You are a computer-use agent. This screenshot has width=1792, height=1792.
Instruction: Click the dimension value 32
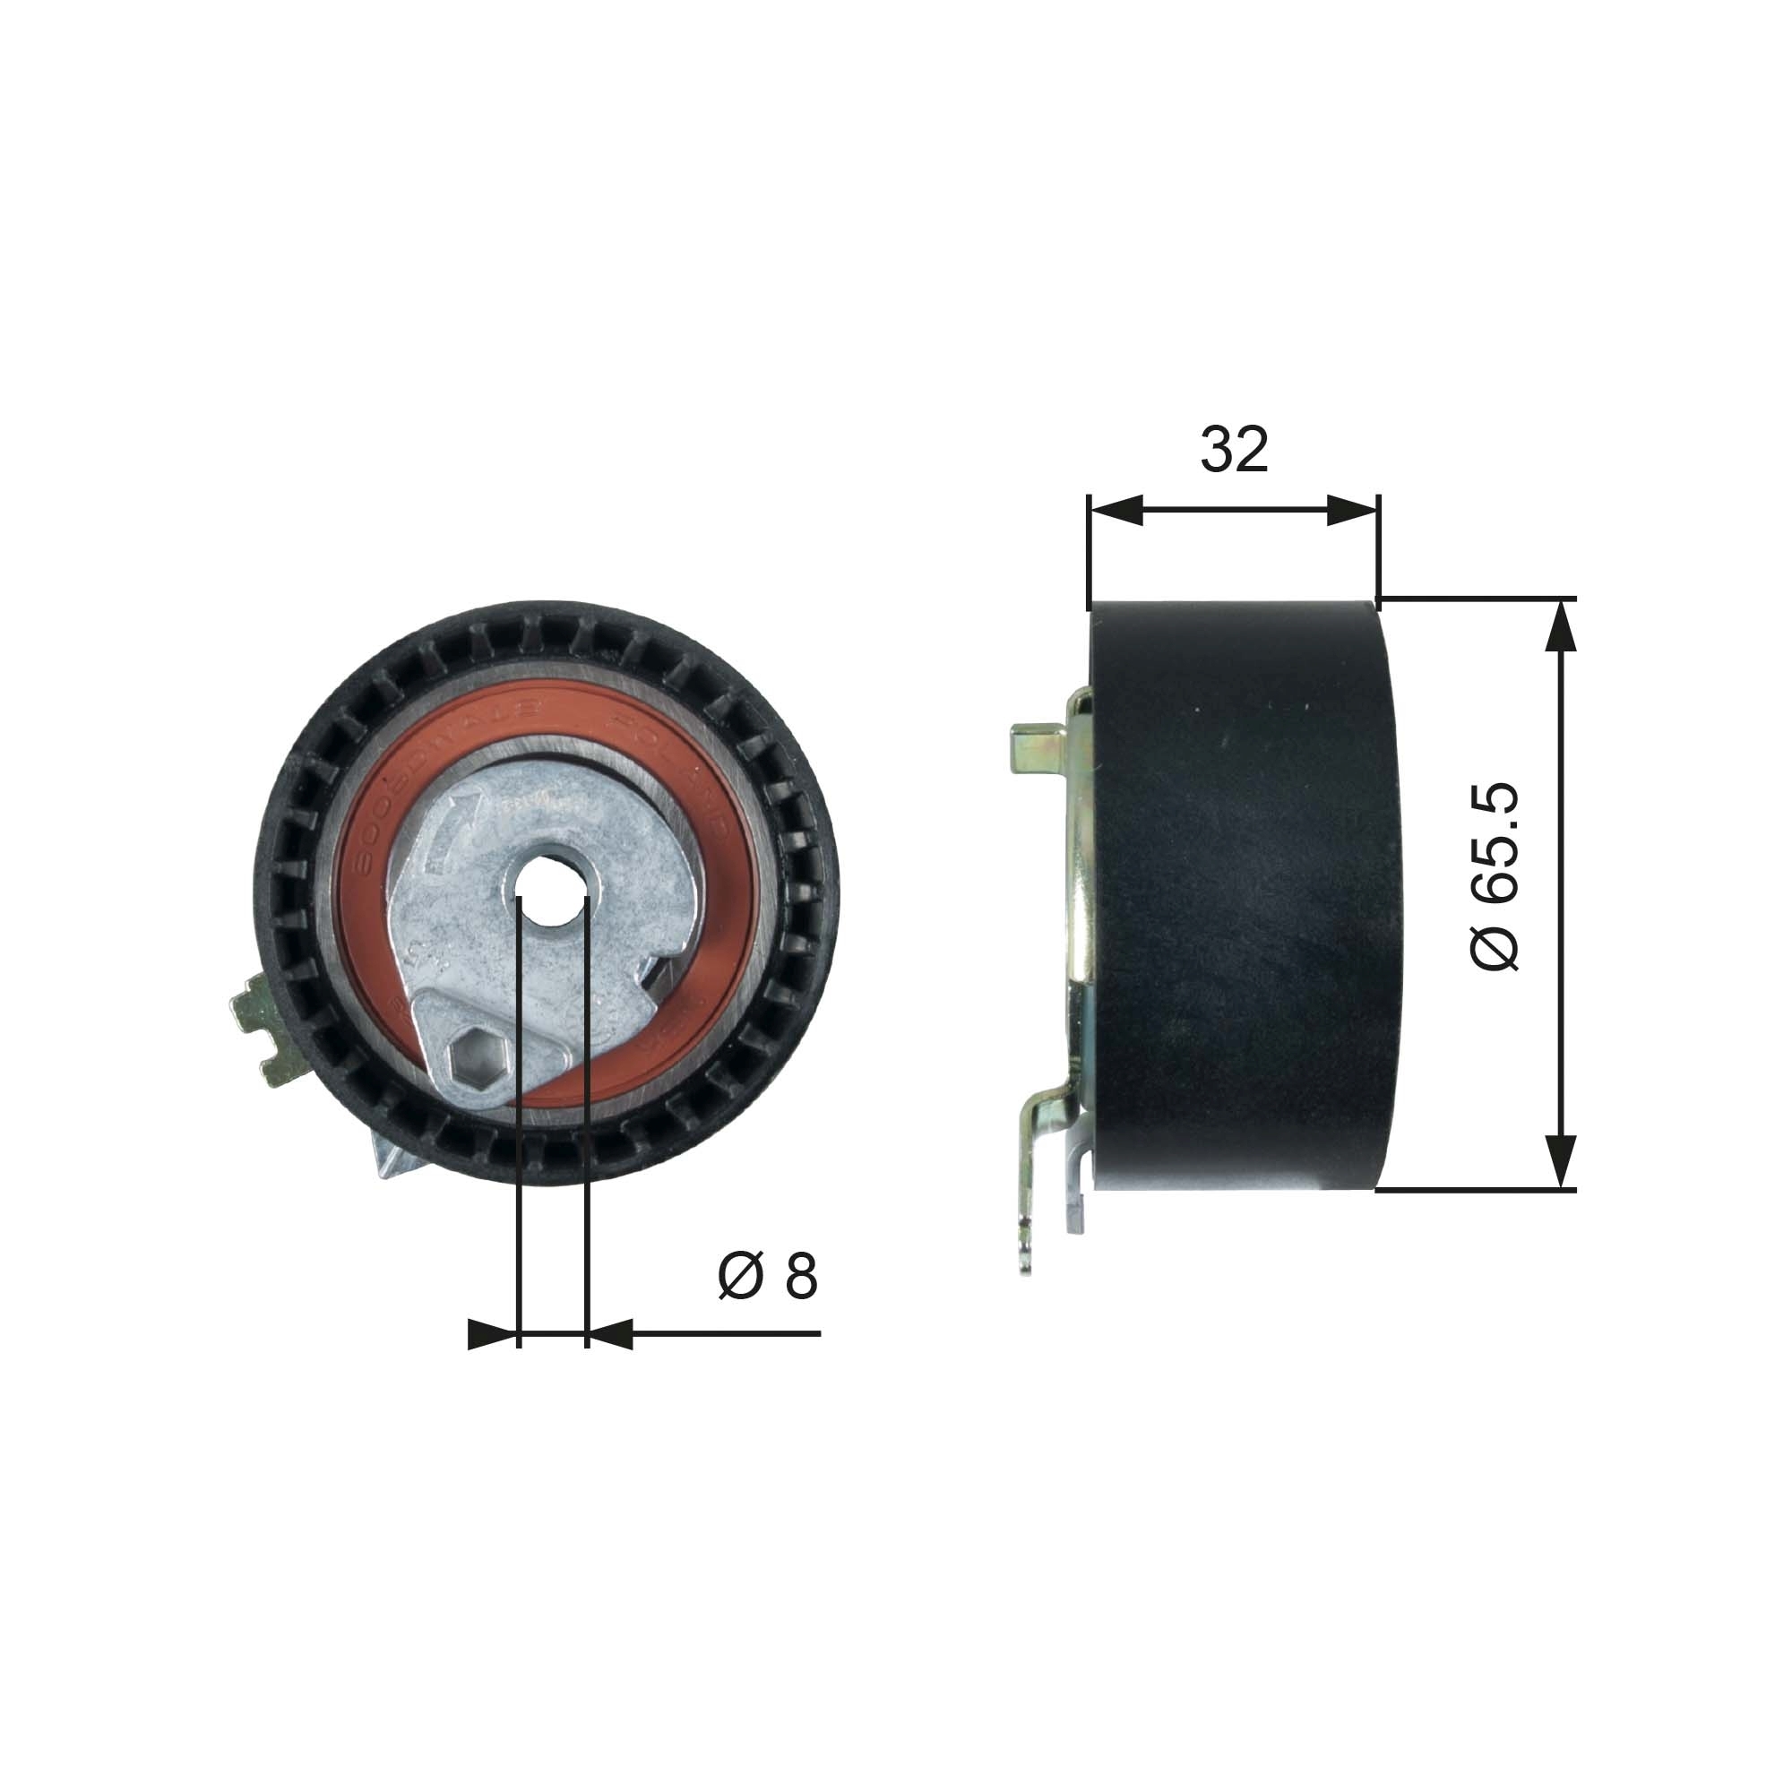1234,450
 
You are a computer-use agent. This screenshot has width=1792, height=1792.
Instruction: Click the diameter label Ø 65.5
1495,876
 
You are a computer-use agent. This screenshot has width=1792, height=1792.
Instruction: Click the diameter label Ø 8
768,1276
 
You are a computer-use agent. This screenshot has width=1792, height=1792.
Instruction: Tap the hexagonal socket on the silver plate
474,1057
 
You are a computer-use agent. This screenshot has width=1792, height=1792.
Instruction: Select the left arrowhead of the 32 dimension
1115,509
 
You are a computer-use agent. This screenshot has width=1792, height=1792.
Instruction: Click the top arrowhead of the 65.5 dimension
1563,627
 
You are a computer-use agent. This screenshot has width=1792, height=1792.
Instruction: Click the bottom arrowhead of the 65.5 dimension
1563,1161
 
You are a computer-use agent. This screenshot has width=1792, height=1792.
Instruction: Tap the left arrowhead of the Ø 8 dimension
492,1334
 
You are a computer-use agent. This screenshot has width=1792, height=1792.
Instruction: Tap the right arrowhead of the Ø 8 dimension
610,1334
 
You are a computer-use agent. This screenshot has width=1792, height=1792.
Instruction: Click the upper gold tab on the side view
1034,746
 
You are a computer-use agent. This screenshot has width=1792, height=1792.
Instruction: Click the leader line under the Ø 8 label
723,1334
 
